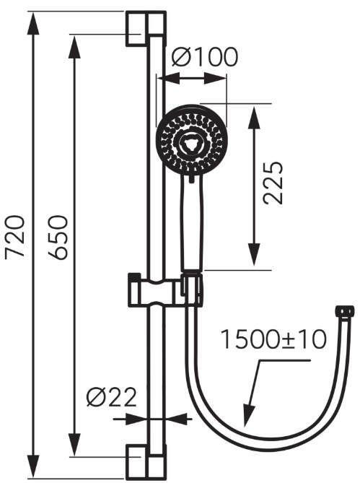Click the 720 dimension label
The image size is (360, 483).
pos(15,236)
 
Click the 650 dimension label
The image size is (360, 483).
pos(57,237)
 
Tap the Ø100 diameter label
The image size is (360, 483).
pos(205,57)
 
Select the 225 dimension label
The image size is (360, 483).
pos(273,183)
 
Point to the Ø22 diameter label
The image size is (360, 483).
pos(111,397)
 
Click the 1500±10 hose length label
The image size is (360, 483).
pos(273,339)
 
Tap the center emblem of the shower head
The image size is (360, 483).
pos(191,143)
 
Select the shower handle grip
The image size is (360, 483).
pos(192,225)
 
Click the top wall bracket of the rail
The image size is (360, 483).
pos(146,29)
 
